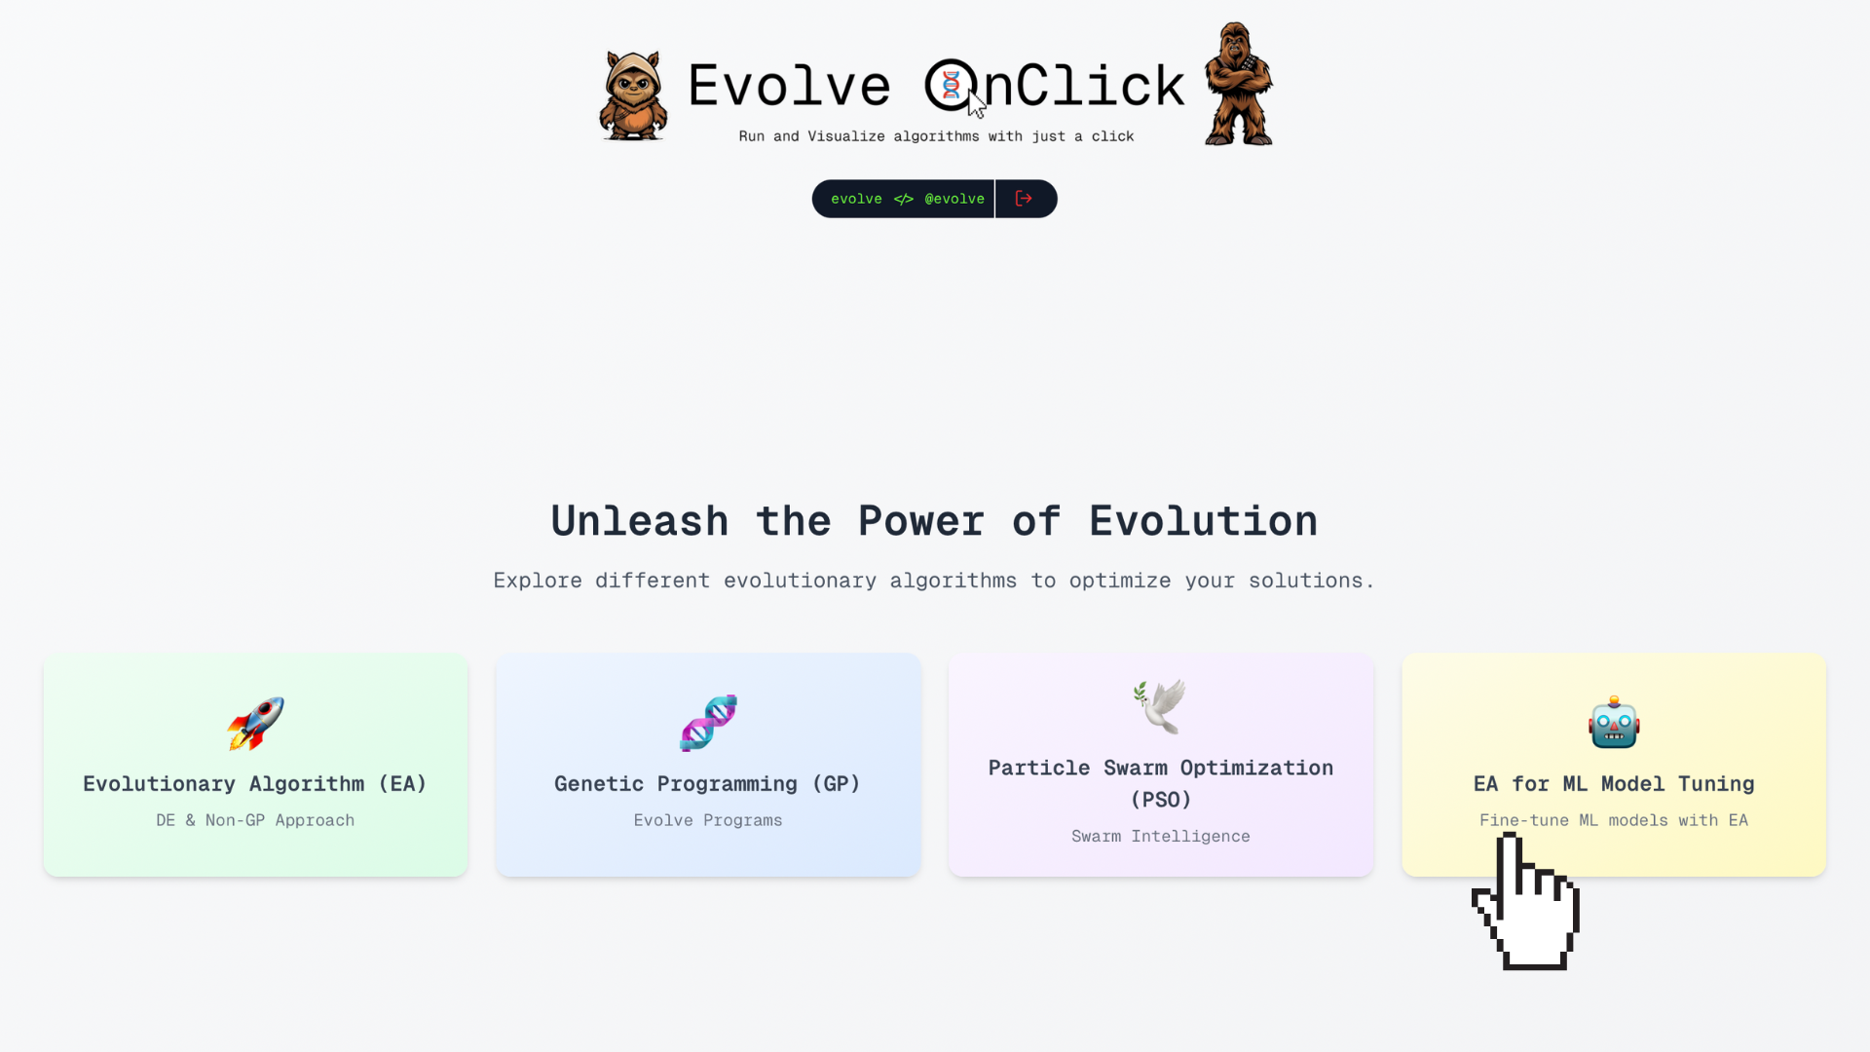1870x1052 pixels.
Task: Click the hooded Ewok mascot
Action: click(x=633, y=95)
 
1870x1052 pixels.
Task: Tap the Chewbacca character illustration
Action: click(x=1238, y=85)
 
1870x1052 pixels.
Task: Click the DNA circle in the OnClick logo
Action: click(x=950, y=85)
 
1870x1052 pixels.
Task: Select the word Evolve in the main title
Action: click(x=789, y=86)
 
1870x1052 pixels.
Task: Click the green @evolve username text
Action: click(x=954, y=199)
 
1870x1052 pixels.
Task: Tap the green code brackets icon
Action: click(x=904, y=199)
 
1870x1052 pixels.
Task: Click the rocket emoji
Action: click(x=255, y=723)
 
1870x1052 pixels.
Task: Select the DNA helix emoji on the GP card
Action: click(x=708, y=723)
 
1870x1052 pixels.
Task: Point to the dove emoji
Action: click(x=1160, y=706)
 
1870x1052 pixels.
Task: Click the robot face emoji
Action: click(x=1614, y=723)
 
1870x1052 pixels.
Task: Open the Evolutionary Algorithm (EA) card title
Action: click(x=255, y=784)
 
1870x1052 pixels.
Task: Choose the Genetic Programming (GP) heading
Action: click(x=708, y=784)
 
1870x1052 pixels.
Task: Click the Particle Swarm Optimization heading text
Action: click(x=1160, y=769)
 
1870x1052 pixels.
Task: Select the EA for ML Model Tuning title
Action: click(x=1614, y=784)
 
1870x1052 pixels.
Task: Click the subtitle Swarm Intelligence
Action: click(x=1160, y=836)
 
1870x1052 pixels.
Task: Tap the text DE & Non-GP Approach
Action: click(x=255, y=820)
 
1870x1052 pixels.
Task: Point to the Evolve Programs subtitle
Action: click(x=708, y=820)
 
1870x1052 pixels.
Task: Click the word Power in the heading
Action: click(x=921, y=521)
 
